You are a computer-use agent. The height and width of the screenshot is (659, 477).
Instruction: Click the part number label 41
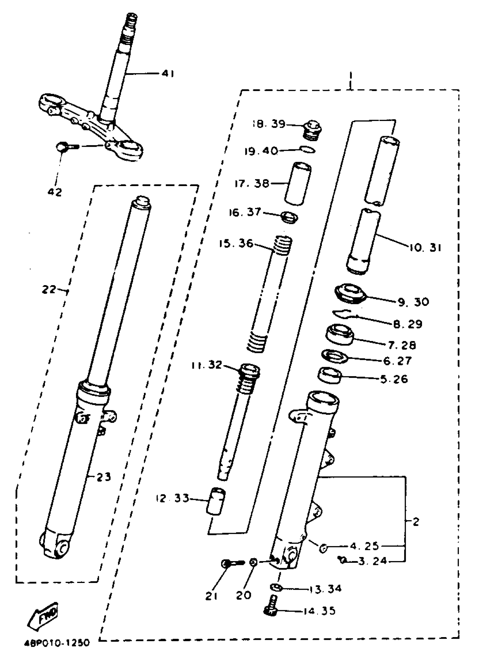[168, 74]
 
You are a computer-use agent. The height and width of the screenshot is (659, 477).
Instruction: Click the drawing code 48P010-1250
[57, 643]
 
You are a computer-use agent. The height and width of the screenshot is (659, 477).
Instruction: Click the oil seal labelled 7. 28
[340, 335]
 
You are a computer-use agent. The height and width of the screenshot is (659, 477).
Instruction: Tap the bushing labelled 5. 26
[330, 376]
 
